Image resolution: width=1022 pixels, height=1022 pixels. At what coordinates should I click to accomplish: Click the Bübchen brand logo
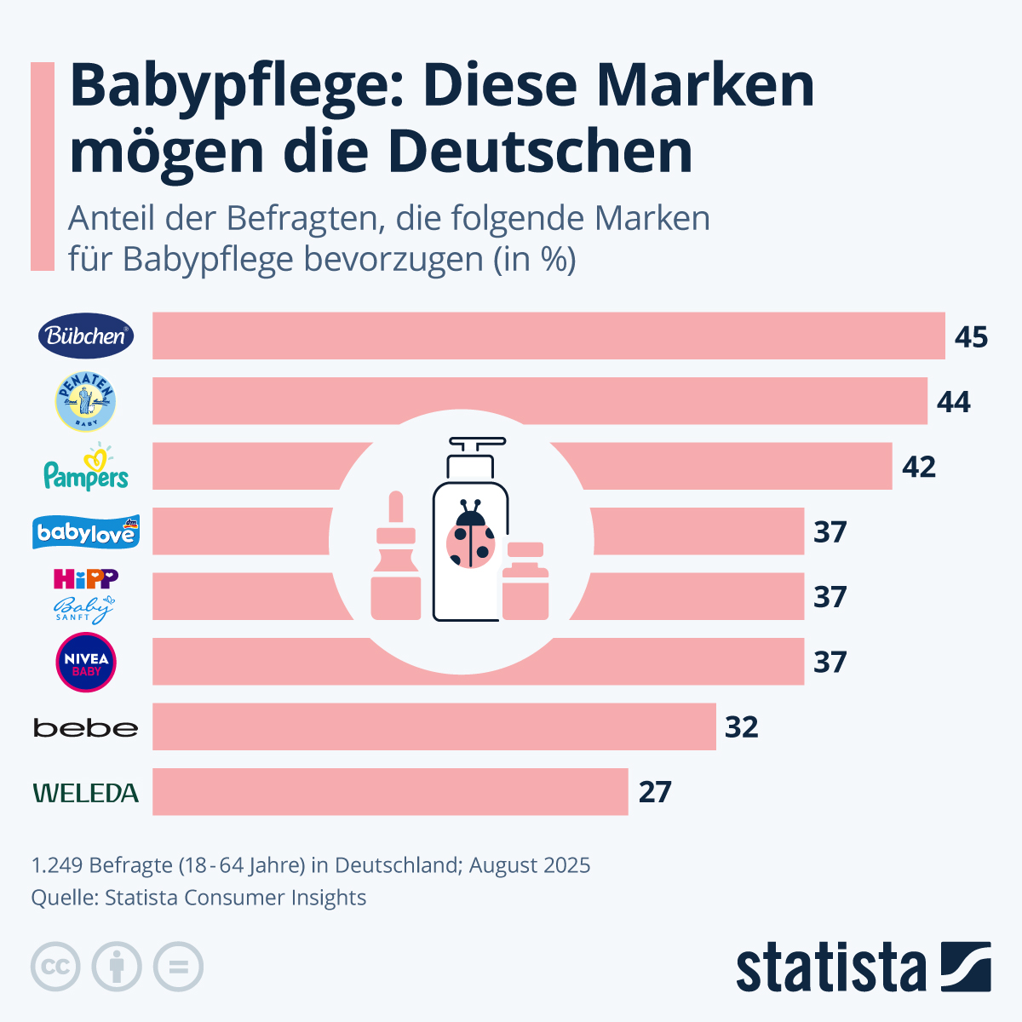coord(86,336)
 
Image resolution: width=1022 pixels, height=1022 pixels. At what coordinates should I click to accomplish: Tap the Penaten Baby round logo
coord(85,401)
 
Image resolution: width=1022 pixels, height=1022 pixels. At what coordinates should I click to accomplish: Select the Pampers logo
coord(86,468)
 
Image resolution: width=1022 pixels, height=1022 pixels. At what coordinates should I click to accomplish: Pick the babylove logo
coord(86,532)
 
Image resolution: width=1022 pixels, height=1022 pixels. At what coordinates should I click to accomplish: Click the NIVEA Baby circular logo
coord(86,662)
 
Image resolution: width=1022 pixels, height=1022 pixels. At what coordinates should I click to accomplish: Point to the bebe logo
coord(85,728)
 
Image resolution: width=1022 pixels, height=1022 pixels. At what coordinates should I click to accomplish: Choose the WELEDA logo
coord(85,793)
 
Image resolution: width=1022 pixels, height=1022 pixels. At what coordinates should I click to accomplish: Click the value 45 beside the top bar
coord(971,336)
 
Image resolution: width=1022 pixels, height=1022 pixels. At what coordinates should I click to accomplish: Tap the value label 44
coord(954,401)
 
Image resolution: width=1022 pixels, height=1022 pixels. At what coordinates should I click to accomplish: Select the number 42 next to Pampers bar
coord(919,467)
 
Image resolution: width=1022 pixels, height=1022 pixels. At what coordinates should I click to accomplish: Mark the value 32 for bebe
coord(742,726)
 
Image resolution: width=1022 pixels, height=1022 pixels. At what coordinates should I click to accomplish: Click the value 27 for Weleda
coord(655,792)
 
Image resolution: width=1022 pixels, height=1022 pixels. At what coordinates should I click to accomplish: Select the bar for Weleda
coord(390,792)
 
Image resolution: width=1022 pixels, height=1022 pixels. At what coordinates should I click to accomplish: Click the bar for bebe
coord(434,726)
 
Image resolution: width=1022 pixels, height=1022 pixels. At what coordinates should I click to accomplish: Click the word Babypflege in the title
coord(231,88)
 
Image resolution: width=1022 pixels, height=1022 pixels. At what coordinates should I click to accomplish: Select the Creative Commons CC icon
coord(55,967)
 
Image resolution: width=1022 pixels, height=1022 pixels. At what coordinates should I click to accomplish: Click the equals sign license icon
coord(178,967)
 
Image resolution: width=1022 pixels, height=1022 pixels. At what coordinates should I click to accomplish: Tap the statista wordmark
coord(830,967)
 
